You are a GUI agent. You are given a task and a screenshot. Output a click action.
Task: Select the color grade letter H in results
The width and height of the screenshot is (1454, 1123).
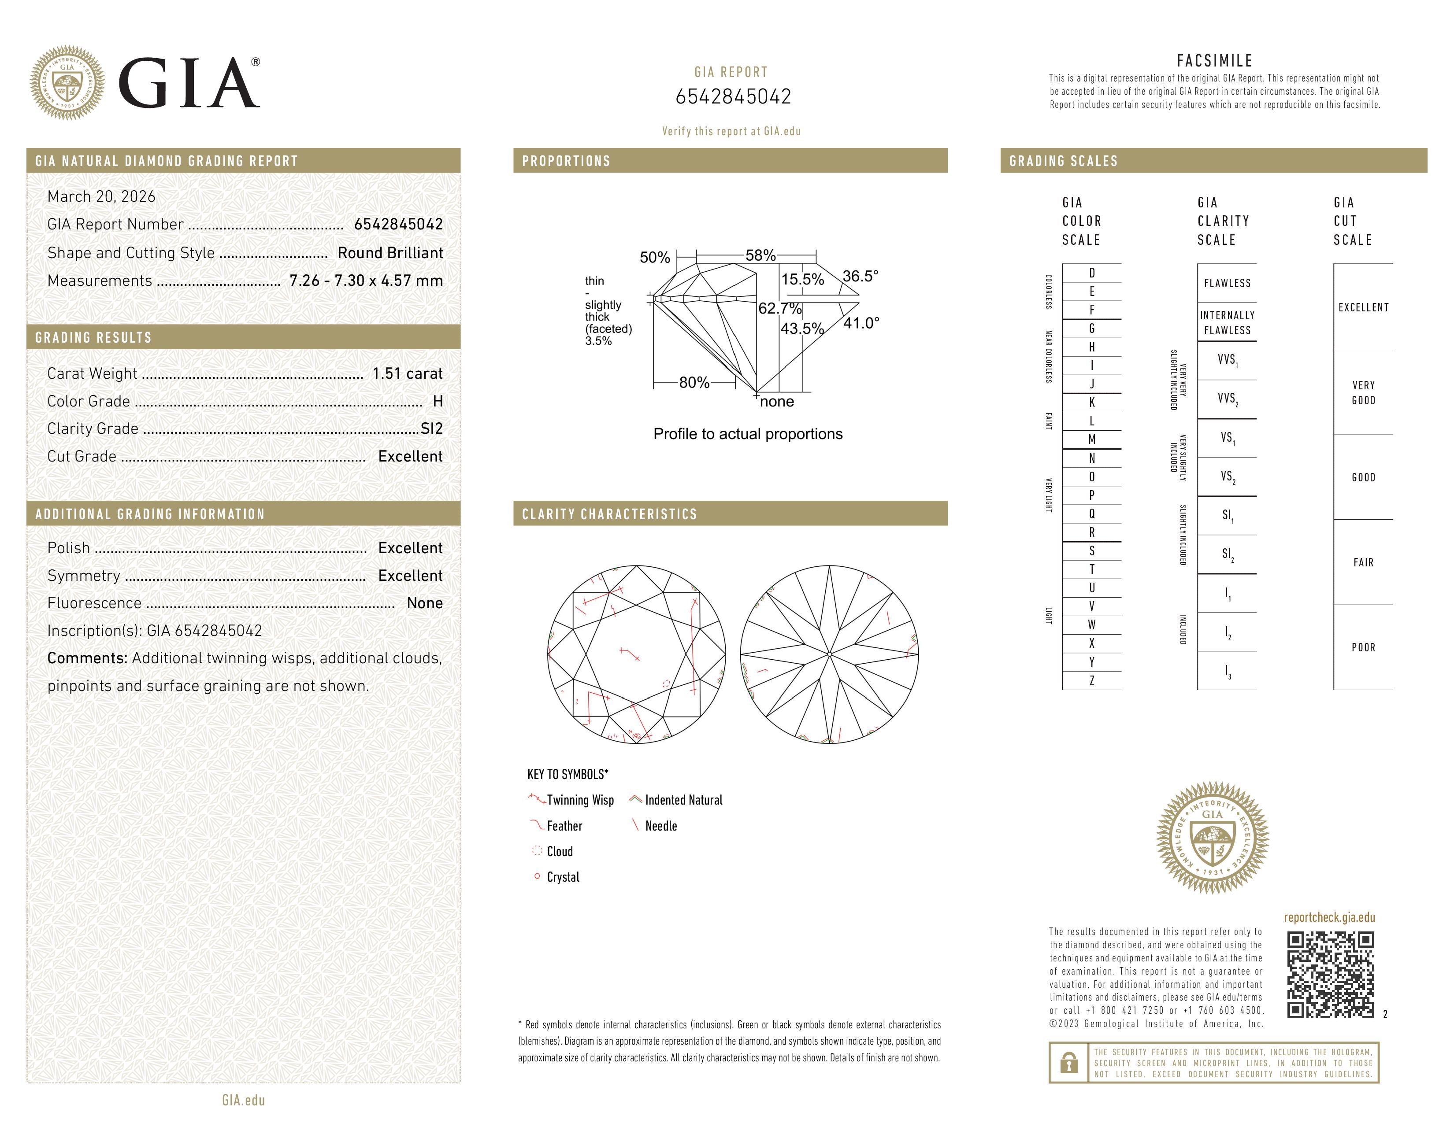tap(438, 401)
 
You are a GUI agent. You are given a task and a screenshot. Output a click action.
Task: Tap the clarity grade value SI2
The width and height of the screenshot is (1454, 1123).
tap(431, 429)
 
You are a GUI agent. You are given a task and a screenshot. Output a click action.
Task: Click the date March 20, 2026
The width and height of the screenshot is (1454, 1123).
tap(101, 196)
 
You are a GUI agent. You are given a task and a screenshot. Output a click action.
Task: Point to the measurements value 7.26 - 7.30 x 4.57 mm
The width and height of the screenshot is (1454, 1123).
tap(366, 281)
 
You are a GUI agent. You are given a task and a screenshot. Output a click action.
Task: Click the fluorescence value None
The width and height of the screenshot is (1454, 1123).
tap(424, 603)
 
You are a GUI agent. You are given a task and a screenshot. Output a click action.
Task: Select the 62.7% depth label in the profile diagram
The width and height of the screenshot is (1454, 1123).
tap(779, 308)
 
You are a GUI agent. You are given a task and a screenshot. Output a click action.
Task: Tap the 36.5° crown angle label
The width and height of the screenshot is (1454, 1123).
tap(860, 275)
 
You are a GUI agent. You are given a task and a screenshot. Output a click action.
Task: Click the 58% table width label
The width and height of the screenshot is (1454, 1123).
tap(760, 255)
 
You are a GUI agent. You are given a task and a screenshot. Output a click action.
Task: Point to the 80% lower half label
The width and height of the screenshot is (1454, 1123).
tap(694, 383)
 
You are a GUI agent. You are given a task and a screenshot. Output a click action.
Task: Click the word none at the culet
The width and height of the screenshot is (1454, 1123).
tap(776, 402)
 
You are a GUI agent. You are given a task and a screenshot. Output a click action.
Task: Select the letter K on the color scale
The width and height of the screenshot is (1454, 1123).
tap(1092, 403)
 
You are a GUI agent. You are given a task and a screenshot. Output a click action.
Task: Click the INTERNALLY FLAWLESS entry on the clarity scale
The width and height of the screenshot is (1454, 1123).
tap(1227, 323)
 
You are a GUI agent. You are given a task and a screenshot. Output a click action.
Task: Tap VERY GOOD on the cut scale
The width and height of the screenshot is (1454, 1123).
tap(1363, 392)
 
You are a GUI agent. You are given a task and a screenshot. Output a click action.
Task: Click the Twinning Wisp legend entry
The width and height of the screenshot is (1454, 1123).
tap(579, 800)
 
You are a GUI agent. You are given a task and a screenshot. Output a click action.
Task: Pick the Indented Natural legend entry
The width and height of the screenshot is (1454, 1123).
tap(683, 800)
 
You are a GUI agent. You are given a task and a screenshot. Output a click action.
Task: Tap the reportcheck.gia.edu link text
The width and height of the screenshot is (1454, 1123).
tap(1329, 917)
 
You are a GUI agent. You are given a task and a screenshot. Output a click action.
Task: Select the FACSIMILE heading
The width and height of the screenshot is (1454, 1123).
tap(1214, 60)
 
